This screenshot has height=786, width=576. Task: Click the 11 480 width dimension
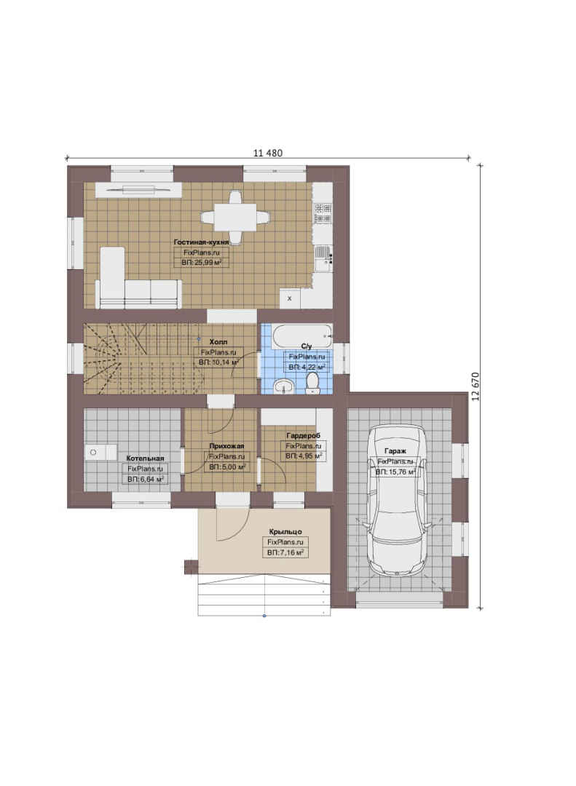point(267,153)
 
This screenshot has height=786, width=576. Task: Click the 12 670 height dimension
point(476,386)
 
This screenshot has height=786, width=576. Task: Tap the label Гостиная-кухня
point(201,242)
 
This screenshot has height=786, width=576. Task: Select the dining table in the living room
point(234,217)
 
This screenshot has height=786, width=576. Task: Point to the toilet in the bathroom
point(312,384)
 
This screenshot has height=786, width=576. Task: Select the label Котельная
point(145,458)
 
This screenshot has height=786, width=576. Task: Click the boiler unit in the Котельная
point(100,452)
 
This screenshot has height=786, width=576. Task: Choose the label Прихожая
point(226,446)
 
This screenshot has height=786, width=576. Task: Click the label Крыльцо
point(285,532)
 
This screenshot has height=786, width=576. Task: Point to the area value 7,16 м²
point(285,553)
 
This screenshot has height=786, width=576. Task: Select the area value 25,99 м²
point(201,262)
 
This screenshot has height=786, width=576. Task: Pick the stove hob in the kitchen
point(323,213)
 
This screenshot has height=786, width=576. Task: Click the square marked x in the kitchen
point(290,299)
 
